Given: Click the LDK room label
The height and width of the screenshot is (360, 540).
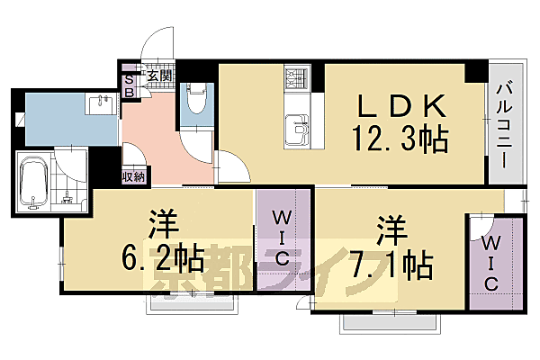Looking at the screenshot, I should tap(402, 106).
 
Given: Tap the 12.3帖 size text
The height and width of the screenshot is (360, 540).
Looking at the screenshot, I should tap(401, 139).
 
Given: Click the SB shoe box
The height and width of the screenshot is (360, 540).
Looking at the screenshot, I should tap(129, 85).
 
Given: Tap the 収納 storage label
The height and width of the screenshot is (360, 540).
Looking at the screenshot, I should tap(134, 176).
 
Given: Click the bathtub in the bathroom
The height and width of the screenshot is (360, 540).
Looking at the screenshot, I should tap(33, 184).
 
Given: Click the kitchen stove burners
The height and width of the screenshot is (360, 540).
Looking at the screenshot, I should tap(296, 80).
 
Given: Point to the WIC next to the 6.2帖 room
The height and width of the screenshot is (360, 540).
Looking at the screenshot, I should tap(282, 238).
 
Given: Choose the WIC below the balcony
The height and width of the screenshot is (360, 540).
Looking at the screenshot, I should tap(492, 262).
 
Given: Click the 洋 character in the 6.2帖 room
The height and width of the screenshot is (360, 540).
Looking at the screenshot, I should tap(160, 222).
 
